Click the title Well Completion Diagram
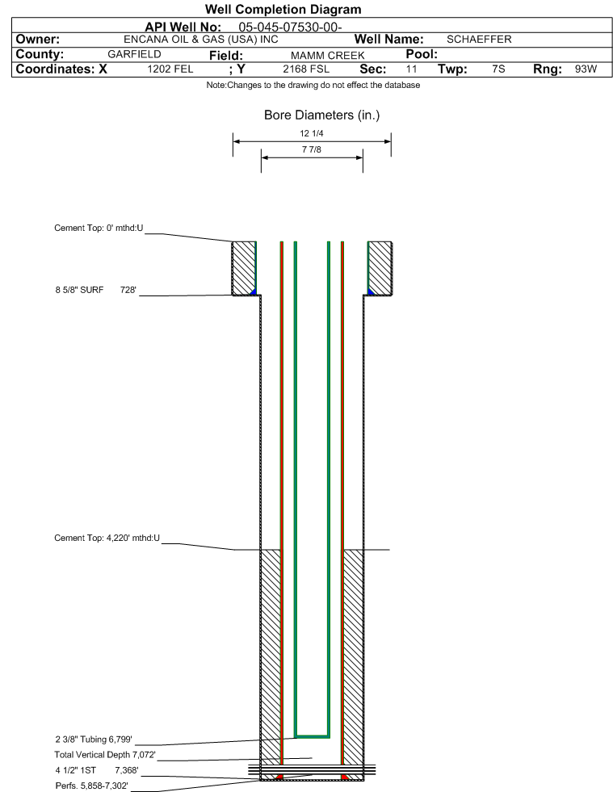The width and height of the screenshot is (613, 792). (283, 9)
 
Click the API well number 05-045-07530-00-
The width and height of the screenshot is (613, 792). (290, 27)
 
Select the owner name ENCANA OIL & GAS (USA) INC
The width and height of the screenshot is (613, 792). (200, 40)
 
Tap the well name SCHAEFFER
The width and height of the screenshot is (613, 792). (479, 40)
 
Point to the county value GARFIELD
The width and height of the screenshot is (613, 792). (134, 54)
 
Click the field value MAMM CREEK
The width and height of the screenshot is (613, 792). (327, 55)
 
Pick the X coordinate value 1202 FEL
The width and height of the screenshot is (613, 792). (170, 69)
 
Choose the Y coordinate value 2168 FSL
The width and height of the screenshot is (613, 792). (306, 69)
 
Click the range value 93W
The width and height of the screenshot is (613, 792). (586, 69)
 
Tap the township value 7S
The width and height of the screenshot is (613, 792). (498, 69)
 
